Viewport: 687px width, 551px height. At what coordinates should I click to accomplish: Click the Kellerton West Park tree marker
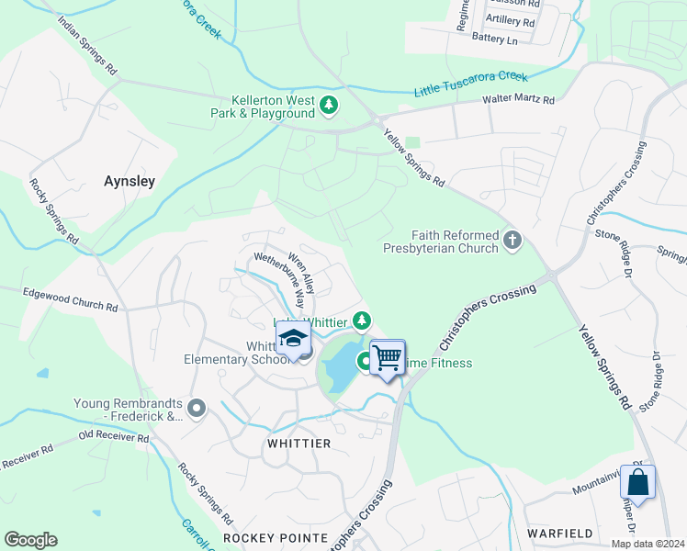click(329, 107)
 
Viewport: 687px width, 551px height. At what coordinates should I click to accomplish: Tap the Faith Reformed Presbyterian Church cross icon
click(512, 242)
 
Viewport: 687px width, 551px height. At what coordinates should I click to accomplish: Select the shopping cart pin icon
click(388, 357)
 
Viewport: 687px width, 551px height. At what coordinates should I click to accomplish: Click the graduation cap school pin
click(293, 340)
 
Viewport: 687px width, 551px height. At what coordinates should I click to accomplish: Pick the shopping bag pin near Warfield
click(637, 481)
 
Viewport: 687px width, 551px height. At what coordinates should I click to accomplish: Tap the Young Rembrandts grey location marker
click(196, 407)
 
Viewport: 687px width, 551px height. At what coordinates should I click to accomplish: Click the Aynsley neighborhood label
click(130, 182)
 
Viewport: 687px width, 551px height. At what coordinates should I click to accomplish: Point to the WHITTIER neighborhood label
click(298, 444)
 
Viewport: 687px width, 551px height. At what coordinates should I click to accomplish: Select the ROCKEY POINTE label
click(276, 537)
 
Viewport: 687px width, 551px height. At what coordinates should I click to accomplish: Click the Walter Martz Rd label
click(520, 100)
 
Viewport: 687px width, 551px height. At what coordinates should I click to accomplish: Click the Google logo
click(30, 540)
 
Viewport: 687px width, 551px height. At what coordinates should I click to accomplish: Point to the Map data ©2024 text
click(648, 544)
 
